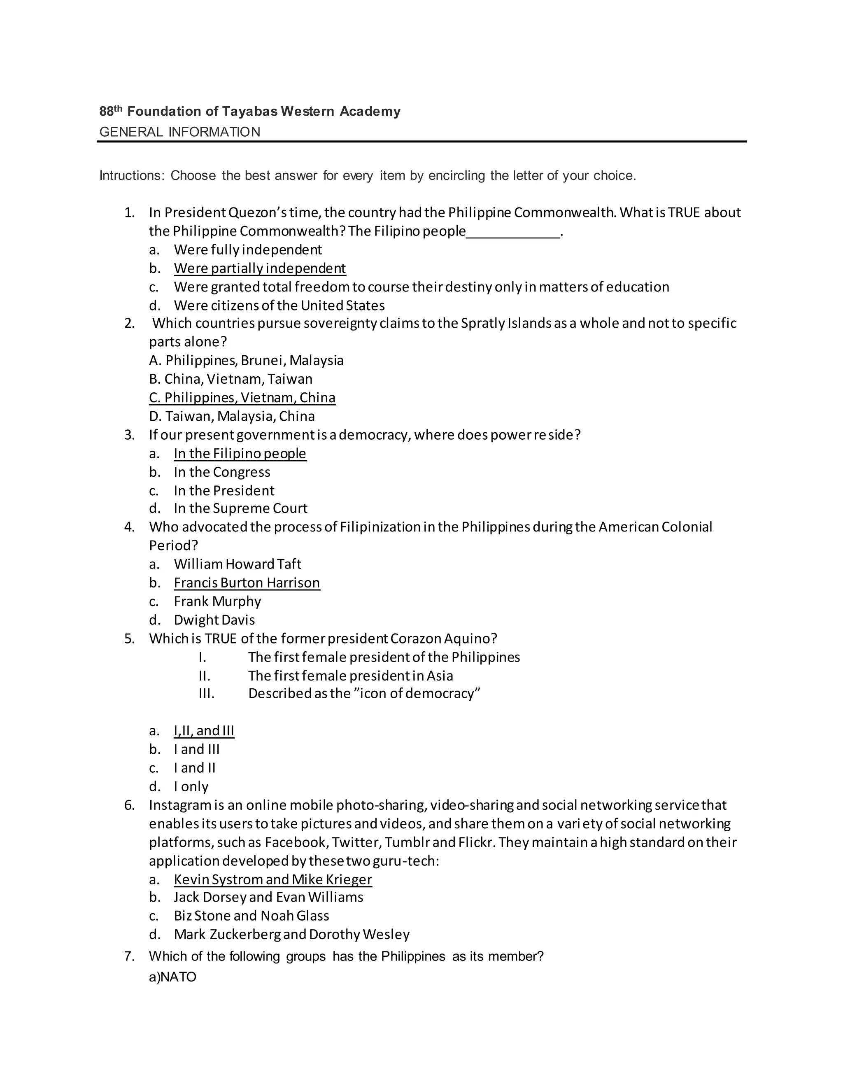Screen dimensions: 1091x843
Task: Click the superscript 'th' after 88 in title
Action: pyautogui.click(x=118, y=108)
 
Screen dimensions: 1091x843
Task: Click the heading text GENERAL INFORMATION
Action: pyautogui.click(x=180, y=132)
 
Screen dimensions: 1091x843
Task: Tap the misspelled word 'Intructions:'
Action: pyautogui.click(x=132, y=176)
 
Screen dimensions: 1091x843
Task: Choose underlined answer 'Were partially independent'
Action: pyautogui.click(x=260, y=268)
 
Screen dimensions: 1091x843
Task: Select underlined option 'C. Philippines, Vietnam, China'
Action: pyautogui.click(x=242, y=398)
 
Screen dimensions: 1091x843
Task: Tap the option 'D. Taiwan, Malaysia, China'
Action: pyautogui.click(x=232, y=416)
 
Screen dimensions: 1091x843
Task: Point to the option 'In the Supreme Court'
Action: pyautogui.click(x=240, y=508)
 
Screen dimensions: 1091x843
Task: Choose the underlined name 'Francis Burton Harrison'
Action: pyautogui.click(x=247, y=583)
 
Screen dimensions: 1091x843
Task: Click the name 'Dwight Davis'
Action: pyautogui.click(x=214, y=620)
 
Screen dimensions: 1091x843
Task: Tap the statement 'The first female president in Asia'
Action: pyautogui.click(x=351, y=676)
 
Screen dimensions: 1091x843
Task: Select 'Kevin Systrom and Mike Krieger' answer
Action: pyautogui.click(x=272, y=880)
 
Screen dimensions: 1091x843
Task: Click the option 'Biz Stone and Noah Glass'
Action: pyautogui.click(x=251, y=916)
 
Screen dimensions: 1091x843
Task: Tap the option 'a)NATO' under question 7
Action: pyautogui.click(x=172, y=977)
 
